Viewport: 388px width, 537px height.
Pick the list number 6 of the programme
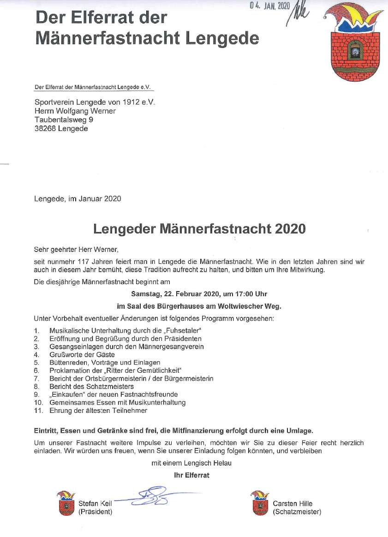tap(36, 370)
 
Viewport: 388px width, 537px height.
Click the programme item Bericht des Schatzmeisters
tap(91, 386)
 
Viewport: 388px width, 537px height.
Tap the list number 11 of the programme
tap(38, 410)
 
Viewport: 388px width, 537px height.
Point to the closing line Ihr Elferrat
tap(191, 475)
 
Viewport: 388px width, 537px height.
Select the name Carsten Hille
tap(292, 503)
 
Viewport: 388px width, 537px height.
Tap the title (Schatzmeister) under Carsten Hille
tap(297, 512)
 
